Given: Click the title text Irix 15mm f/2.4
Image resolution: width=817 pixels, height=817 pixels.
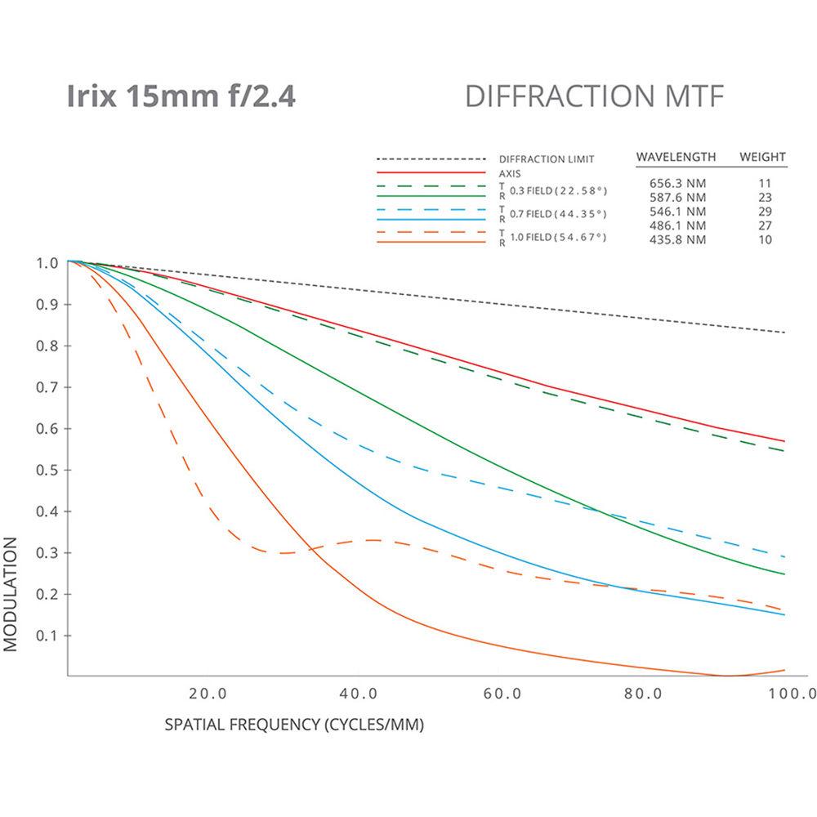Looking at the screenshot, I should coord(181,96).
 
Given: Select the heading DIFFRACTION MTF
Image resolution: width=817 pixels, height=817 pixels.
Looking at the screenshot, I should coord(594,96).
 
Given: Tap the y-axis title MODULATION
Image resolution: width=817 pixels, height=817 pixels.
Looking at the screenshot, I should coord(11,593).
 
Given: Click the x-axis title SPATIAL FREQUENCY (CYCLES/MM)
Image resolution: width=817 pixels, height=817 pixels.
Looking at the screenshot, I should coord(295,724).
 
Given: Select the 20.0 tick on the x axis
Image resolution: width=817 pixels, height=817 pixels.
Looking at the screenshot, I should coord(207,694).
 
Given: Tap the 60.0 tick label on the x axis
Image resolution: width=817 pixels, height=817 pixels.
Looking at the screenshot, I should coord(502,694).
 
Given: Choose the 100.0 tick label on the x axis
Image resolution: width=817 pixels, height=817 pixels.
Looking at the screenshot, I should coord(792,694).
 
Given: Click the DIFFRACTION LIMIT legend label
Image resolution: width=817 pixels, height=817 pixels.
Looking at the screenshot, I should coord(546,158).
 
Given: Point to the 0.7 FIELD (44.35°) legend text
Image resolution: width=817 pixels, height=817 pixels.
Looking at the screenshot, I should coord(559,214).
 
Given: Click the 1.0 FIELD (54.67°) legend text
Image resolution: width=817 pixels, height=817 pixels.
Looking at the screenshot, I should coord(559,237).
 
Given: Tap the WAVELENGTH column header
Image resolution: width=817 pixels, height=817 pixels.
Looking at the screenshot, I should coord(676,156).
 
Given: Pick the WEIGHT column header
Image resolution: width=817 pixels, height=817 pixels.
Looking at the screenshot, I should coord(762,156).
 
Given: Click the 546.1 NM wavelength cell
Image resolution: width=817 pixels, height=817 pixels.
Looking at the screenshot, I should coord(673,211).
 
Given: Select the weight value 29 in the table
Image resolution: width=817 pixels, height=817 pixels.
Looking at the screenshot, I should coord(764,211).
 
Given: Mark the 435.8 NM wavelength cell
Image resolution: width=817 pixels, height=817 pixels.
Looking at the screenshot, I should coord(673,239).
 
